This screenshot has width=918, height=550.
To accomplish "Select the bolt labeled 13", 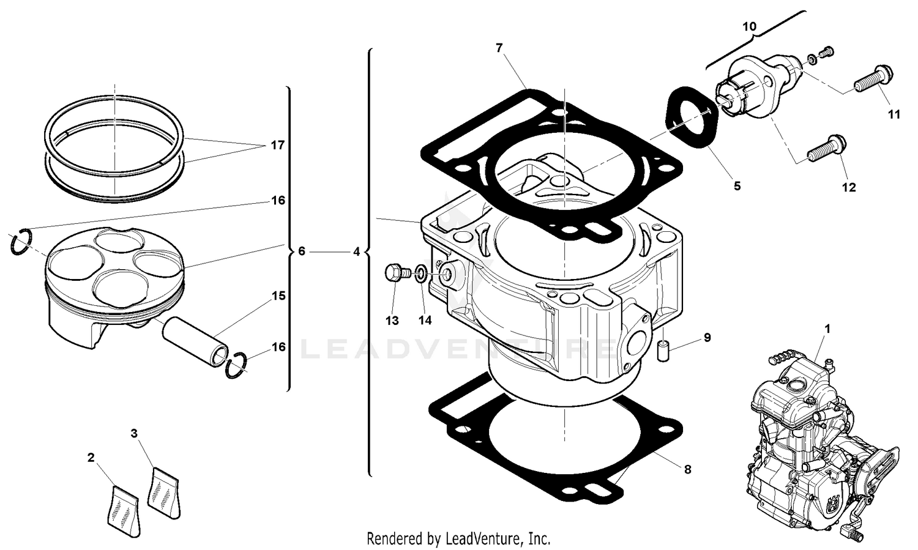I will coord(395,272).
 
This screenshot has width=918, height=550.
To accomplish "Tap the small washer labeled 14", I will coord(422,273).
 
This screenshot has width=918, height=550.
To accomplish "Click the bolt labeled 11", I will coord(869,81).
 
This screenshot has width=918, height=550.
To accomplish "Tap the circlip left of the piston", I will coord(21,241).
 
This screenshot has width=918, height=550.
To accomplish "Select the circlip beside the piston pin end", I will coord(236,366).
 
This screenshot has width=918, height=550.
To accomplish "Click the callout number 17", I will coord(277,146).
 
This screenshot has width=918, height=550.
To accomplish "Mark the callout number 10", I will coord(749,27).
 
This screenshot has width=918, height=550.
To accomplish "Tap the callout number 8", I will coord(687,470).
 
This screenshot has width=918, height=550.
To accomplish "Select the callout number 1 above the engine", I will coord(827,329).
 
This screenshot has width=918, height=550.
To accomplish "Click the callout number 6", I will coord(301,251).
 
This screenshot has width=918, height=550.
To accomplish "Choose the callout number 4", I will coord(356,251).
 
